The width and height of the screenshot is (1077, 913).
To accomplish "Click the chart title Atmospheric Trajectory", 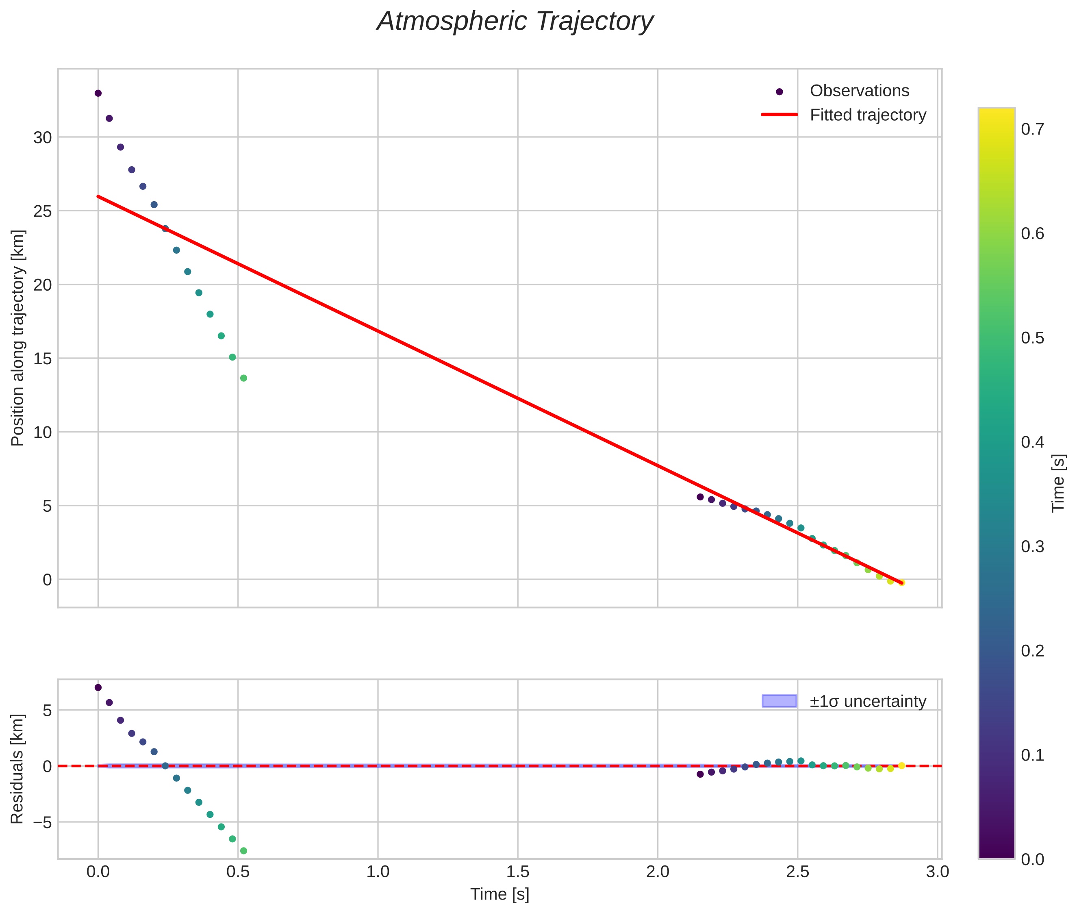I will (x=515, y=22).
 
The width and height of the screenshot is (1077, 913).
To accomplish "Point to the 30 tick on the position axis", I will (x=42, y=138).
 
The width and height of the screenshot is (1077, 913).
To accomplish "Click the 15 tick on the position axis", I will (x=42, y=359).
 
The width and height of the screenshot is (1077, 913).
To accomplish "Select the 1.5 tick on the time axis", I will (x=517, y=872).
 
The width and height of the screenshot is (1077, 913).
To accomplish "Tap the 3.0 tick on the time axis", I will (x=937, y=872).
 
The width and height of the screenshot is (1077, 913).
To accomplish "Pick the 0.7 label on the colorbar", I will (x=1032, y=129).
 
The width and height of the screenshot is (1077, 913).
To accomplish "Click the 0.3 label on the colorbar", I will (x=1032, y=547).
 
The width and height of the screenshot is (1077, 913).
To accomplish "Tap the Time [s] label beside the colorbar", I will (x=1059, y=483).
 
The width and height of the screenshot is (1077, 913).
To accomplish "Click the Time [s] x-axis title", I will (x=499, y=894).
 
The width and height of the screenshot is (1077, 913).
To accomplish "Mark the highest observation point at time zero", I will (x=98, y=93).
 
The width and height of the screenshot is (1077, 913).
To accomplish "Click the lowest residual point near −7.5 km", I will (x=243, y=851).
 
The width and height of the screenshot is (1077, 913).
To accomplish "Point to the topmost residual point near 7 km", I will (x=98, y=687).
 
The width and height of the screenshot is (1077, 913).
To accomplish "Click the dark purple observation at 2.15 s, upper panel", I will (x=700, y=497).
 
